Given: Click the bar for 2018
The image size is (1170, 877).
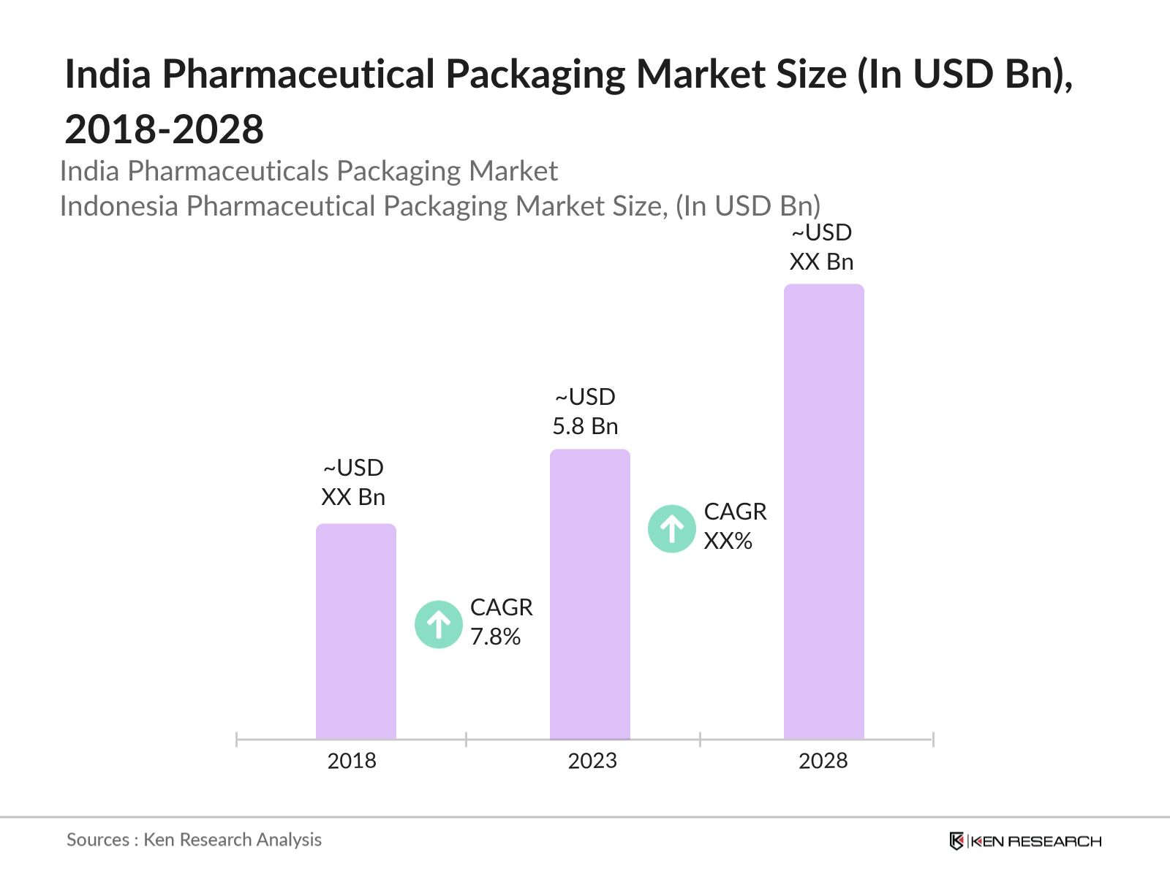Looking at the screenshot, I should (x=356, y=632).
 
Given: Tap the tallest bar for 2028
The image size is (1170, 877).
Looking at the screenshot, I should (x=823, y=512).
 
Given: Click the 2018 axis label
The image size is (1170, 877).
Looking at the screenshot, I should (x=352, y=761).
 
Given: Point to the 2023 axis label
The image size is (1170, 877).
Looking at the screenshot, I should (x=592, y=761).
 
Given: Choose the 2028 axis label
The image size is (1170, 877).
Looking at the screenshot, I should (x=823, y=761).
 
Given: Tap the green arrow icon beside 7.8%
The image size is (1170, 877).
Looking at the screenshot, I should (x=438, y=624).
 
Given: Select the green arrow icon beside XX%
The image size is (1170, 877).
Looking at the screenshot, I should (x=671, y=528).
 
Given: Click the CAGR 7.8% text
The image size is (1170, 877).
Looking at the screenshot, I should (x=501, y=622).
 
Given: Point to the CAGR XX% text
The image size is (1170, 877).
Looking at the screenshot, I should (x=734, y=526).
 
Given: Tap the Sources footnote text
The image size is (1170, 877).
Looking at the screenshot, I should (x=194, y=840).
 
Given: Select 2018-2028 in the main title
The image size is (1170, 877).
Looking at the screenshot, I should (x=165, y=129).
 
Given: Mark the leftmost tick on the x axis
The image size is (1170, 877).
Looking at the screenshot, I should (x=237, y=740).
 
